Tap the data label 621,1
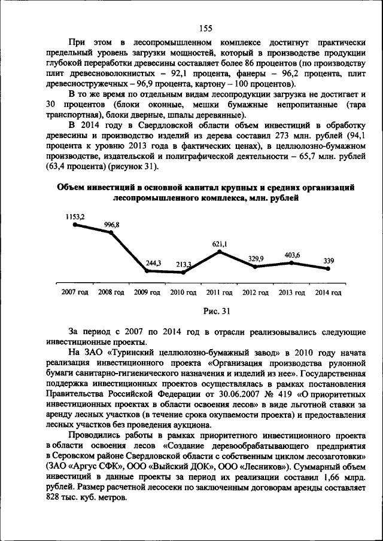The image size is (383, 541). pyautogui.click(x=220, y=244)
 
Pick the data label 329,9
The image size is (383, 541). pyautogui.click(x=256, y=258)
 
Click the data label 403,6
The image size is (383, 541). pyautogui.click(x=292, y=255)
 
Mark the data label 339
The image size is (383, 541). pyautogui.click(x=329, y=261)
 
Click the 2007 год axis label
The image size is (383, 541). pyautogui.click(x=75, y=292)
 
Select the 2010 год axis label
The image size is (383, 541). pyautogui.click(x=183, y=292)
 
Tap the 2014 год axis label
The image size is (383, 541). pyautogui.click(x=328, y=292)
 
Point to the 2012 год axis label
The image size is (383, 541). pyautogui.click(x=256, y=292)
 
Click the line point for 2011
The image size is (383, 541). pyautogui.click(x=220, y=251)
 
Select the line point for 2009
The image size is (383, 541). pyautogui.click(x=147, y=271)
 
